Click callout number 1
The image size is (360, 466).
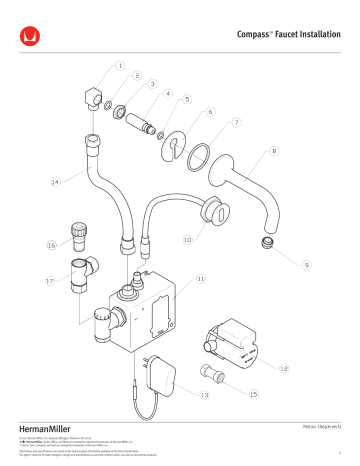121,68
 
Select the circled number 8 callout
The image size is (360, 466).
273,153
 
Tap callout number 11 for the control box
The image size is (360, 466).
201,279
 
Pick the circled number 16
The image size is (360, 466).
51,243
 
